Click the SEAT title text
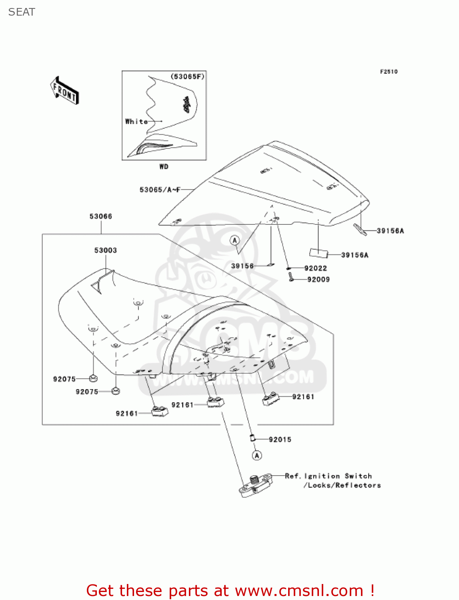22,12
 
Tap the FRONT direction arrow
64,91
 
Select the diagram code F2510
389,72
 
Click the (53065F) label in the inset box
187,76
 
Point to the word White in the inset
136,121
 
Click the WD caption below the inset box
164,166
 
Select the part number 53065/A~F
160,190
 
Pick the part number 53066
101,216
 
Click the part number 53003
106,250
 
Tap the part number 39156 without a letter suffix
242,266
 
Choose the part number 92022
315,268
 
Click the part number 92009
318,280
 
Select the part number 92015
280,440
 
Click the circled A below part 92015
257,456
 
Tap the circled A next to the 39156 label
235,240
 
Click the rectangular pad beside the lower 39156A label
319,253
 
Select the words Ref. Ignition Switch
328,476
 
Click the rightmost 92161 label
303,397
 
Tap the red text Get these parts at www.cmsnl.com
230,590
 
